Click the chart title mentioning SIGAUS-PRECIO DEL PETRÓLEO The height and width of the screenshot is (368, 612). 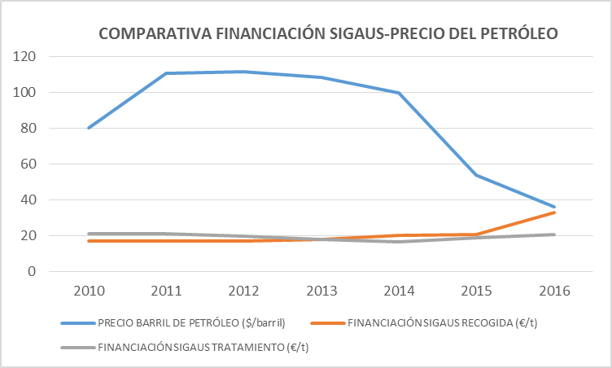coord(329,34)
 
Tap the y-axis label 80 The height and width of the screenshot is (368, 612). coord(30,129)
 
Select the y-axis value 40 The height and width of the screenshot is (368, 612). coord(30,200)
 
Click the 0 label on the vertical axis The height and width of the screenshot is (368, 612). coord(33,272)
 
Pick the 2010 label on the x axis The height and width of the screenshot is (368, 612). coord(87,291)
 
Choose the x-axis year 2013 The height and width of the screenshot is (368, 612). coord(321,291)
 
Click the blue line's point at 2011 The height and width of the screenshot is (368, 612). coord(165,73)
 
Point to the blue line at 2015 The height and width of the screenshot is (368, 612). coord(477,175)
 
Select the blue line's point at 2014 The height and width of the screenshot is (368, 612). coord(399,93)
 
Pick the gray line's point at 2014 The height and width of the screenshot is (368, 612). coord(399,242)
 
